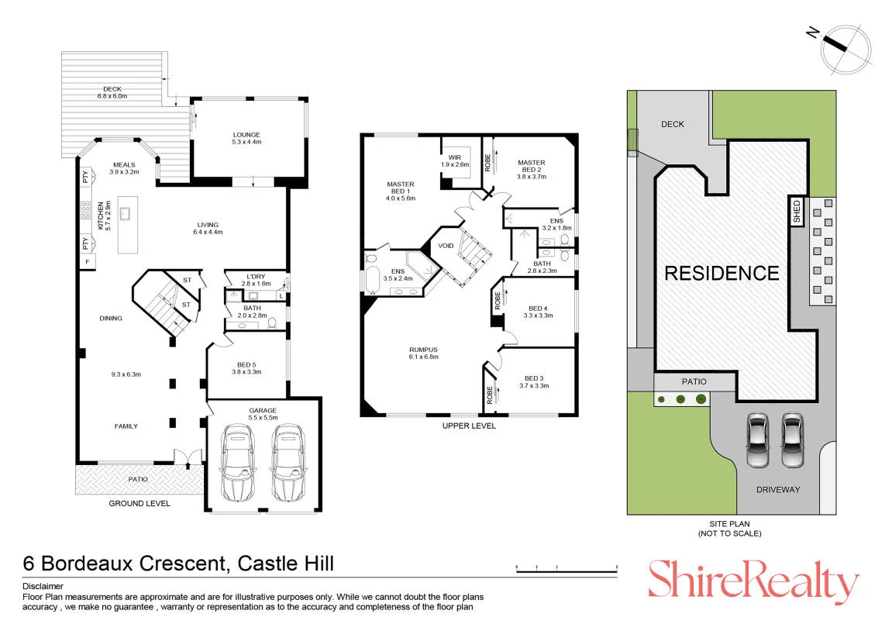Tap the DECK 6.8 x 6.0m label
click(112, 93)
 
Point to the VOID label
click(446, 246)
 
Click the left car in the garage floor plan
click(237, 462)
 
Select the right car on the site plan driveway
click(793, 440)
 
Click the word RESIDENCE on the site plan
click(722, 273)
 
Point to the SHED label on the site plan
click(797, 211)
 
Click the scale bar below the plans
click(567, 569)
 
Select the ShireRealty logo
click(753, 581)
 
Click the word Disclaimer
click(43, 586)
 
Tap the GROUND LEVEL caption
click(139, 504)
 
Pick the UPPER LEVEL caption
click(469, 426)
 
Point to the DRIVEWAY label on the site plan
click(777, 489)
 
